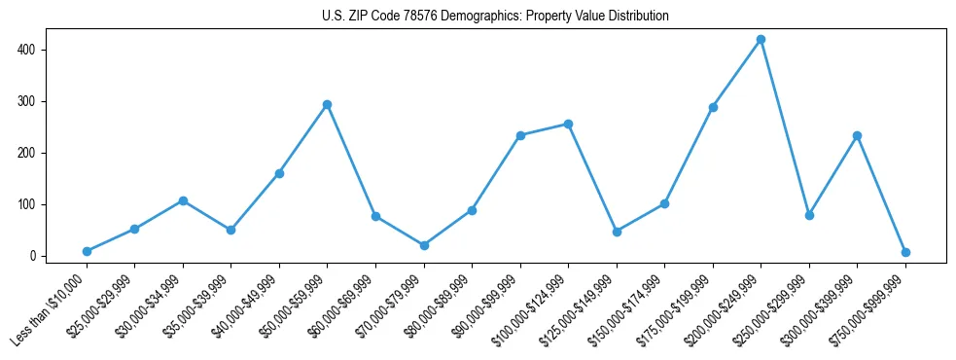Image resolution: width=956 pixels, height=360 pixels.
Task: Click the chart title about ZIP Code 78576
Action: tap(495, 17)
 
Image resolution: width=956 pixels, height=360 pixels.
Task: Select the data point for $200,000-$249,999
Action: tap(761, 40)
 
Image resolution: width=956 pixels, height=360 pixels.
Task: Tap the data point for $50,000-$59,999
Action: tap(327, 104)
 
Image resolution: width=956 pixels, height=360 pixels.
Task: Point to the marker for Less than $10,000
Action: tap(87, 251)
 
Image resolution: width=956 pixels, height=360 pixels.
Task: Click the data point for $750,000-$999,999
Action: tap(905, 252)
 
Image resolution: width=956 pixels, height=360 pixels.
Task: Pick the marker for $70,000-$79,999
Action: tap(424, 245)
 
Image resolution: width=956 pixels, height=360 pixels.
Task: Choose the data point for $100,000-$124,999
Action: tap(568, 124)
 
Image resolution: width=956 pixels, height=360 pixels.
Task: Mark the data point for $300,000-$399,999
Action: tap(857, 135)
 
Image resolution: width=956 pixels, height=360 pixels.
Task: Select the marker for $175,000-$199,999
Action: tap(713, 107)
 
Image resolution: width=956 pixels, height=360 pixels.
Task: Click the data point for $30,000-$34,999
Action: tap(183, 200)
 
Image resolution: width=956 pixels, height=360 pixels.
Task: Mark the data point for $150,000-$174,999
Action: tap(664, 203)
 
